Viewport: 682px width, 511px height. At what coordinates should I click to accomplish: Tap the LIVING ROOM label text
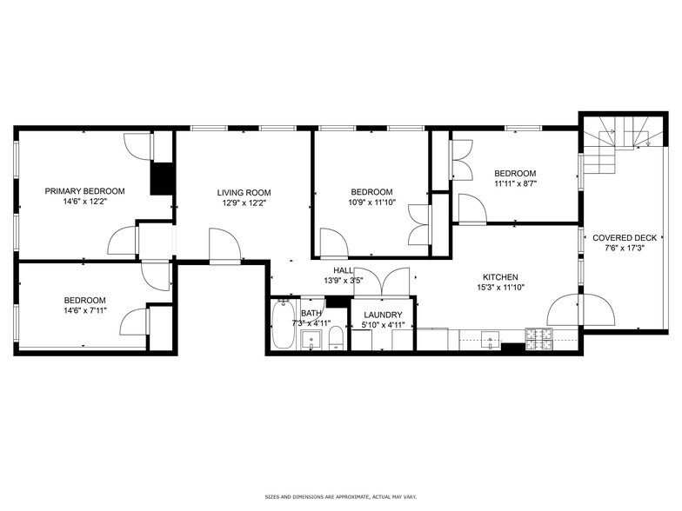click(x=244, y=193)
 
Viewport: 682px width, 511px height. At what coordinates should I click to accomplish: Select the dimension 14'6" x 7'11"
click(x=84, y=310)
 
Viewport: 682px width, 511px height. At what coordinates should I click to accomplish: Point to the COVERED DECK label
click(x=625, y=237)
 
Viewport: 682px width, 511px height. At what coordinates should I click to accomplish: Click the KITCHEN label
click(x=500, y=277)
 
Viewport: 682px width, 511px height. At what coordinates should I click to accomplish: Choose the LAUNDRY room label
click(x=383, y=315)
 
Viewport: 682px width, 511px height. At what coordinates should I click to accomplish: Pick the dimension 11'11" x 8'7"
click(x=515, y=183)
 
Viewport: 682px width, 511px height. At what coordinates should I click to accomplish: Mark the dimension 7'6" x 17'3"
click(x=625, y=248)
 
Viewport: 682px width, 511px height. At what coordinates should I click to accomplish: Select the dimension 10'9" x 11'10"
click(x=371, y=202)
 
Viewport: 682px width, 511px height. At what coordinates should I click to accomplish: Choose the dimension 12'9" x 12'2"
click(x=244, y=203)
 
